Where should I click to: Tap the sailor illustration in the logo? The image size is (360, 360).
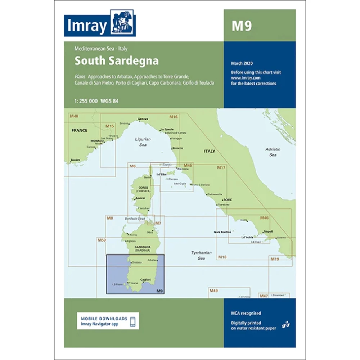point(122,23)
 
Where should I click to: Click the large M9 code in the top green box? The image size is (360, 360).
point(241,26)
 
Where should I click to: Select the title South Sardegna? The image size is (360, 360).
point(116,60)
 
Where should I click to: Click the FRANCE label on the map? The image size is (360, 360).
point(79,130)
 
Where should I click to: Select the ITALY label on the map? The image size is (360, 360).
point(210,151)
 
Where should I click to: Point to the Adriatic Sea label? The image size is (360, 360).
point(273,152)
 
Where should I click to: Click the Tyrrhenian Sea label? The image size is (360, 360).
point(201,256)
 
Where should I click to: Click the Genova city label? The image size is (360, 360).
point(143,119)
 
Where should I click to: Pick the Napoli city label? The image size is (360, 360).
point(268,231)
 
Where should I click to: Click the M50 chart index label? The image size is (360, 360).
point(101,240)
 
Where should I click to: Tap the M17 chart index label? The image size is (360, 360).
point(221,168)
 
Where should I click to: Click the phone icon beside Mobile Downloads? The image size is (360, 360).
point(132,321)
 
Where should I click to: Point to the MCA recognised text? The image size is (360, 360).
point(246,314)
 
